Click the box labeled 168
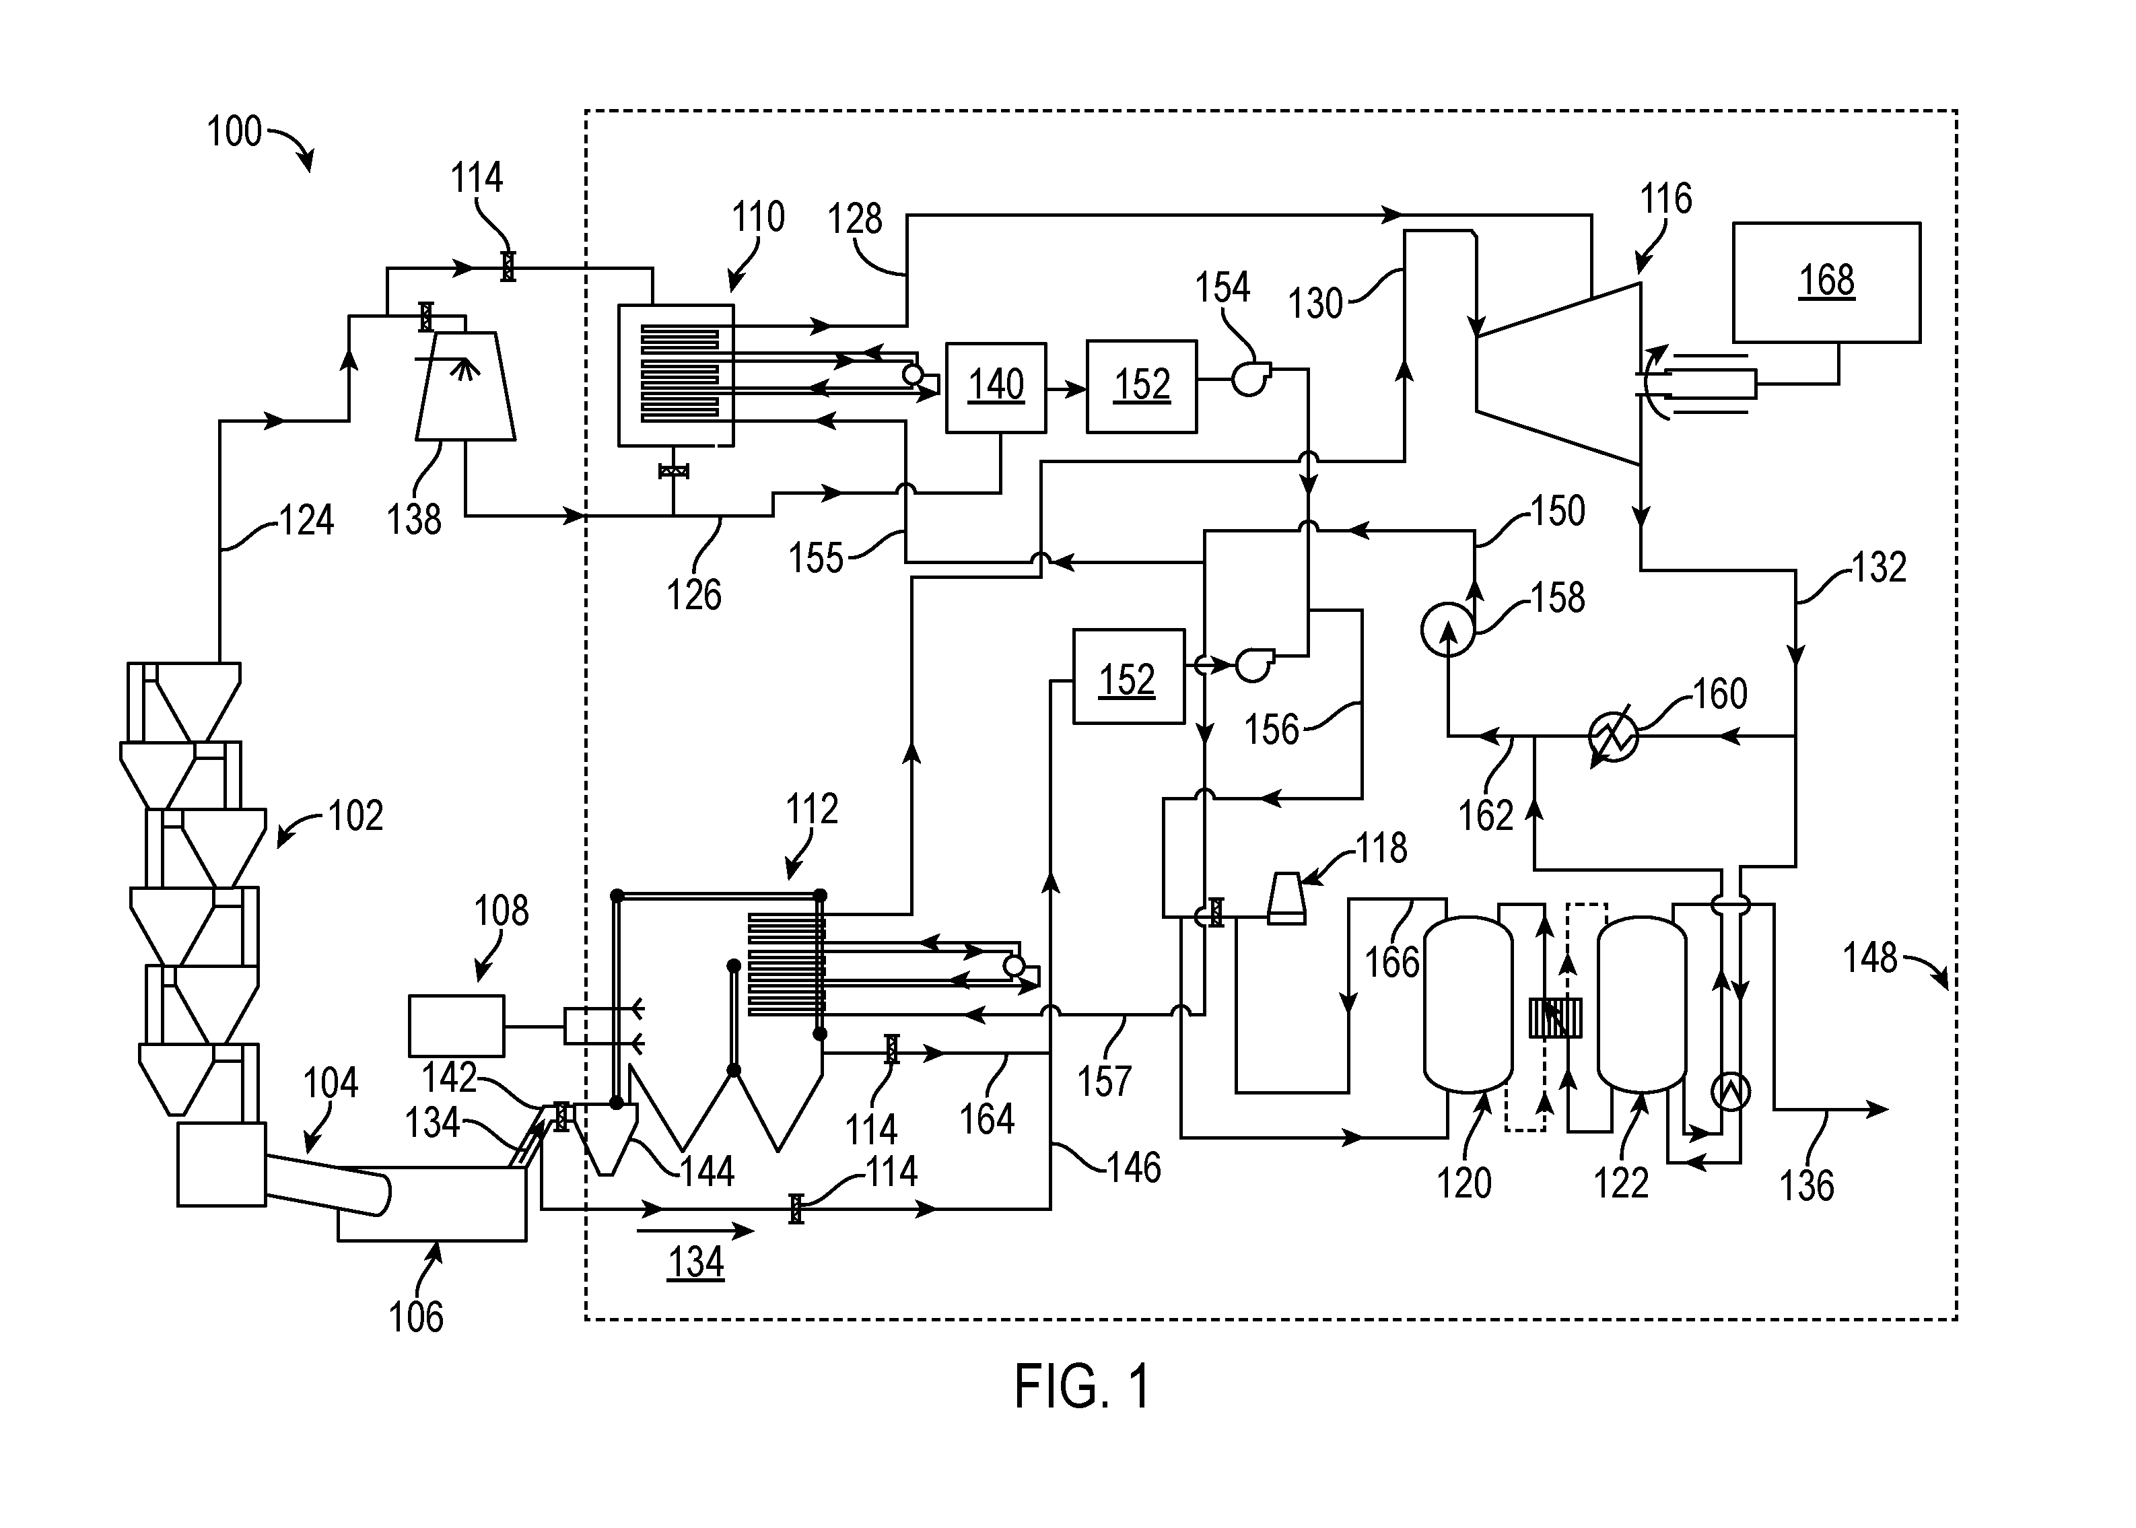click(1826, 282)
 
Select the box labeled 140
click(996, 388)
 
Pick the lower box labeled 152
click(1128, 676)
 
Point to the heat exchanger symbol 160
click(1614, 736)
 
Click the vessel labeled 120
click(1468, 1004)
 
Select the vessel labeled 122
click(1642, 1004)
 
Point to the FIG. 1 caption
click(1082, 1387)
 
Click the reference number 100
click(234, 132)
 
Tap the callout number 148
click(1869, 958)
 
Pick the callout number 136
click(1807, 1185)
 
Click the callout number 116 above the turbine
click(1665, 199)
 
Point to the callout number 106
click(416, 1317)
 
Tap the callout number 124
click(307, 520)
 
